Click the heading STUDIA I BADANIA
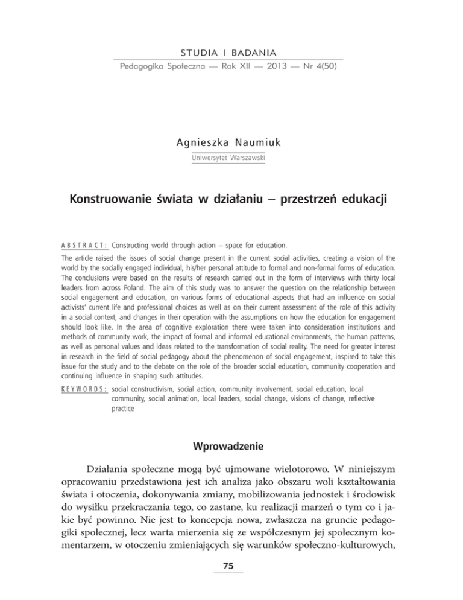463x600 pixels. point(228,51)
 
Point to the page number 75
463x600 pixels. point(231,580)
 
